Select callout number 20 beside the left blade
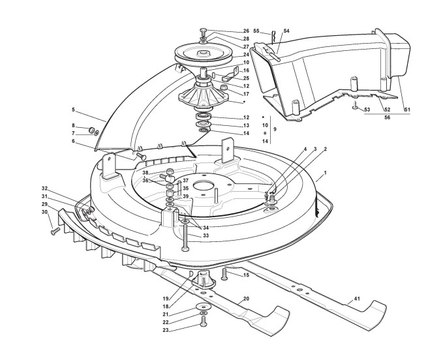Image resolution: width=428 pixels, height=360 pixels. (x=245, y=298)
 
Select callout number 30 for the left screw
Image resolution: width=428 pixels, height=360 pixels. (x=44, y=212)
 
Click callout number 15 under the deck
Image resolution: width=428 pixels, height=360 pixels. (x=246, y=275)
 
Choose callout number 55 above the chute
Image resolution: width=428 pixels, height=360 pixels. (x=256, y=31)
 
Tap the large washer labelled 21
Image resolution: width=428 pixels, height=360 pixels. (x=203, y=308)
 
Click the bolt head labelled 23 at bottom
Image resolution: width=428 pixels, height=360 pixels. (x=203, y=321)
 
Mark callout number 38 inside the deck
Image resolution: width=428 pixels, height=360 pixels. (x=145, y=173)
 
